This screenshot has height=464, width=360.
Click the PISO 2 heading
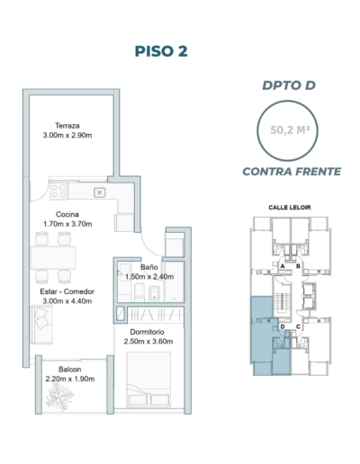pos(161,51)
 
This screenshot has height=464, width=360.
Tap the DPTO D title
pos(289,85)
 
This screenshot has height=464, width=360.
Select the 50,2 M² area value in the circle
pos(290,130)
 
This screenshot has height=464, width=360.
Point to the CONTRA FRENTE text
pos(292,172)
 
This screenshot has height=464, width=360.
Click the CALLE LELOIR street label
pos(290,208)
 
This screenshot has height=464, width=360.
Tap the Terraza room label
pos(67,126)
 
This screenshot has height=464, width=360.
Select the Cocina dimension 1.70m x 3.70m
pos(67,224)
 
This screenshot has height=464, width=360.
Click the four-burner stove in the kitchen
pos(58,192)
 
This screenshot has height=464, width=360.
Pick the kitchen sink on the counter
pos(100,192)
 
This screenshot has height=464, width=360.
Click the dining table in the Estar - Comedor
pos(53,257)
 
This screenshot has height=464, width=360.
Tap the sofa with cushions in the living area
pos(41,325)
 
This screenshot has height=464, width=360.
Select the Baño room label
pos(149,267)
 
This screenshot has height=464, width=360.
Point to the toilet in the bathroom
pos(139,292)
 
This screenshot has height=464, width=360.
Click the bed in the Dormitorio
pos(148,379)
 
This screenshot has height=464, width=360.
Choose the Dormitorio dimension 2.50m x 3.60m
pos(148,342)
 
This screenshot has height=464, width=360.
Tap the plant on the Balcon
pos(59,397)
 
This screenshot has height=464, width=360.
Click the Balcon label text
pos(70,370)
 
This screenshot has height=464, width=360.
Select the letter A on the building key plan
pos(283,266)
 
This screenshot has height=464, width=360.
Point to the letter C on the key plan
pos(298,326)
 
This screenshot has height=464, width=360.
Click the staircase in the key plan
pos(282,302)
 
